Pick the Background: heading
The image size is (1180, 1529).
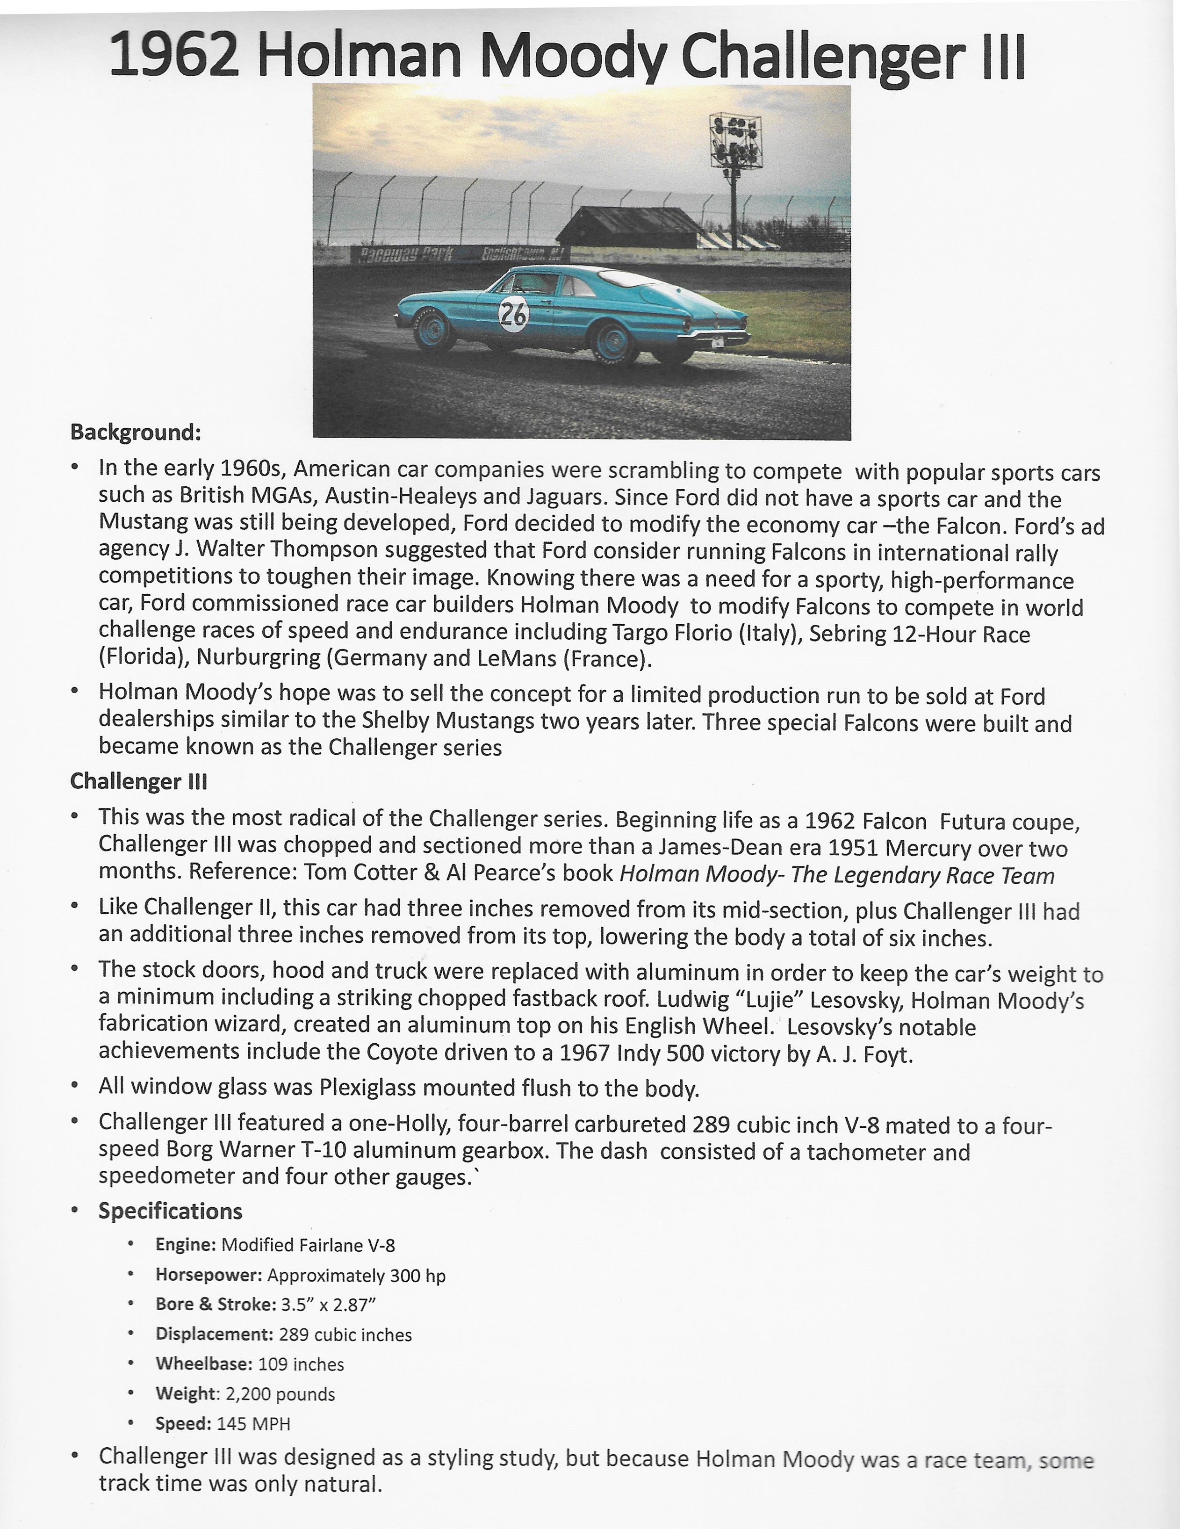136,432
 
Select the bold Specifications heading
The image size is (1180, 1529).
170,1211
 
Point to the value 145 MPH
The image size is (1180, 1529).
253,1423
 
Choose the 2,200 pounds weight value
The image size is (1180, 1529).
280,1393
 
